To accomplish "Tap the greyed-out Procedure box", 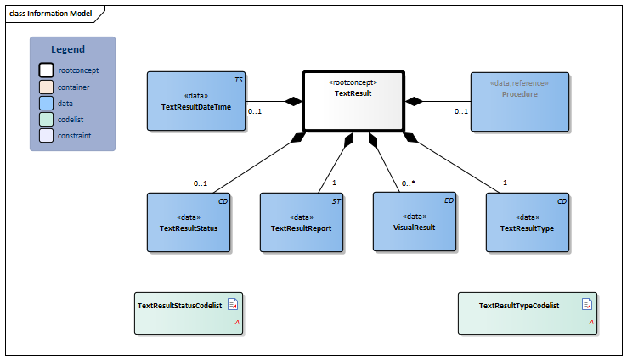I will point(520,101).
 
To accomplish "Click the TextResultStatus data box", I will point(189,222).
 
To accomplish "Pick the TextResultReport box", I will point(301,222).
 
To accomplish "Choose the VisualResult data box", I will point(415,222).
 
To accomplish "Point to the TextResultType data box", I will point(528,222).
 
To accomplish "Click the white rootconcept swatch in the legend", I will point(45,70).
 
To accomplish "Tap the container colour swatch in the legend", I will point(45,87).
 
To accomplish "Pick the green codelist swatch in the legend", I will point(45,119).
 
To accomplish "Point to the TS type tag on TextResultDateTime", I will point(239,78).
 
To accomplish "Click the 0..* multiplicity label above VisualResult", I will point(408,183).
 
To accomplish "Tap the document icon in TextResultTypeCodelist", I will point(586,303).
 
